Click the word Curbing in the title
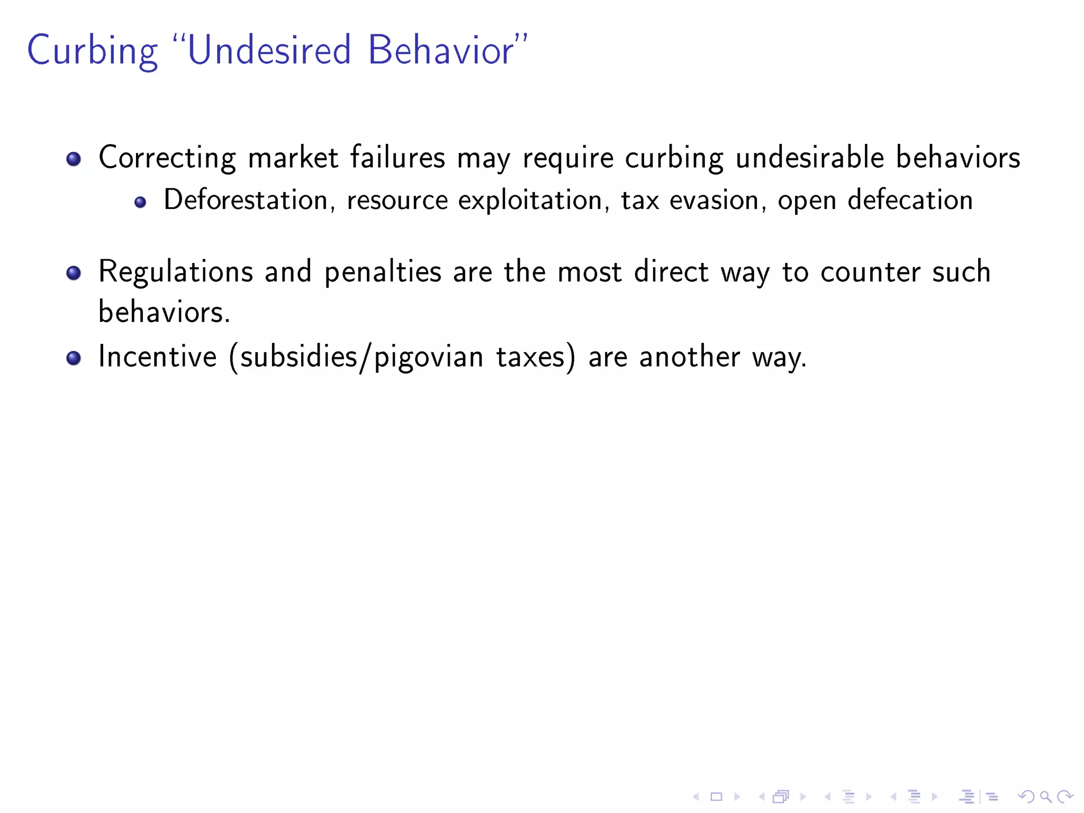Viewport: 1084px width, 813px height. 92,51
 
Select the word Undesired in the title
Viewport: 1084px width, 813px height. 269,50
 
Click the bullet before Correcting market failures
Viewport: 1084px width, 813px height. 74,159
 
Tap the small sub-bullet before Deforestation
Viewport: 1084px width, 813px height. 140,202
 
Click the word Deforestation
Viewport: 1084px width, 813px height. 246,200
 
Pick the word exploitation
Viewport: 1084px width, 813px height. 530,200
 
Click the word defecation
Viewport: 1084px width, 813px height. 910,200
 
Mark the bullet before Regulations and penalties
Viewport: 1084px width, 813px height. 74,273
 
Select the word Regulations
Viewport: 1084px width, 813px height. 176,272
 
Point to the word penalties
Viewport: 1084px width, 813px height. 383,272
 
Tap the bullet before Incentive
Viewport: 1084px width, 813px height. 74,358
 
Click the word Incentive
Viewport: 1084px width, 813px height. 158,357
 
